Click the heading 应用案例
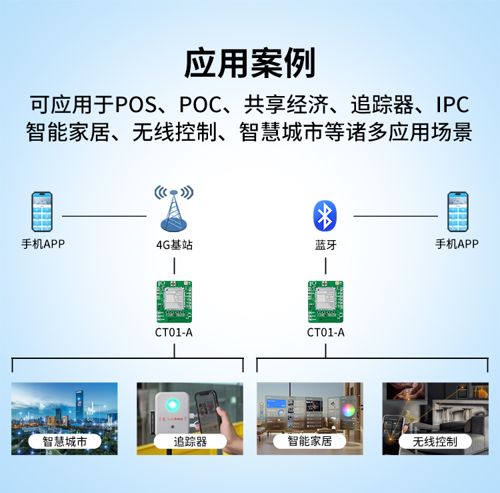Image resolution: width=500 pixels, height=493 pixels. [x=250, y=64]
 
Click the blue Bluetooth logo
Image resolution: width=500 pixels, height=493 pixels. [x=325, y=215]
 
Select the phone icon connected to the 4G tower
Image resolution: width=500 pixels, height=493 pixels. [x=42, y=212]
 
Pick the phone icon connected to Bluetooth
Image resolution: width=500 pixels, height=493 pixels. [x=458, y=212]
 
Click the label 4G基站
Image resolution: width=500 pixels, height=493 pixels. [x=174, y=245]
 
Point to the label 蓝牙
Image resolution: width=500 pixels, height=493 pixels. [x=326, y=245]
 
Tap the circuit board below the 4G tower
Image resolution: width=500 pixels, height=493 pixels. [x=174, y=300]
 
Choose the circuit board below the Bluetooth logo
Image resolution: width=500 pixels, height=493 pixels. [x=326, y=300]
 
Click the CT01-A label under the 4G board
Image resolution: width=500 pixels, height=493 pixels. [x=174, y=332]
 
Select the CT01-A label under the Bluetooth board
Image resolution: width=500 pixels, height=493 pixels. [x=326, y=332]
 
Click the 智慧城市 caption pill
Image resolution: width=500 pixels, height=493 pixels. [x=65, y=441]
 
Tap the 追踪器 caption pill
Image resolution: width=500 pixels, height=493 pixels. [x=190, y=441]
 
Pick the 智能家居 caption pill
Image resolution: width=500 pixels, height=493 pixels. [x=310, y=441]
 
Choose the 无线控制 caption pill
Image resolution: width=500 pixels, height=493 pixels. [x=435, y=441]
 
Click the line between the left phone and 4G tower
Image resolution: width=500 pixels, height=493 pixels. [x=104, y=216]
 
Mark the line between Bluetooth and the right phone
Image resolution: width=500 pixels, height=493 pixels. [x=395, y=216]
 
